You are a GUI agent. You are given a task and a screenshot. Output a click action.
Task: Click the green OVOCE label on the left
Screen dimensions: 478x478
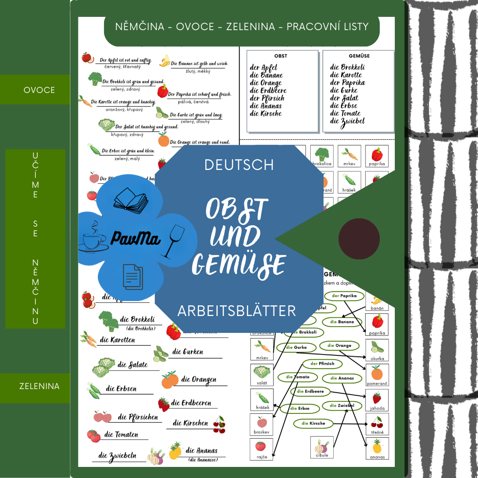[39, 90]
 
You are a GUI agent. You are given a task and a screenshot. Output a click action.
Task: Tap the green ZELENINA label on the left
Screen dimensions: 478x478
[39, 386]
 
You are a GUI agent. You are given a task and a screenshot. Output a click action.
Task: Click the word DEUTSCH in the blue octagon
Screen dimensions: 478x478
[239, 165]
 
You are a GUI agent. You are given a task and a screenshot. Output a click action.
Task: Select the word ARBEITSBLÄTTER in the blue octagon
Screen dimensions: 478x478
[236, 311]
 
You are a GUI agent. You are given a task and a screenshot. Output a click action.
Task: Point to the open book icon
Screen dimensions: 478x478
[131, 200]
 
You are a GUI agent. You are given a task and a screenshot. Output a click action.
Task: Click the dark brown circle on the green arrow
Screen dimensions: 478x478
[359, 239]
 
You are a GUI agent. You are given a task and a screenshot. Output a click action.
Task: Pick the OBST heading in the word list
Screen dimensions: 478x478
[281, 56]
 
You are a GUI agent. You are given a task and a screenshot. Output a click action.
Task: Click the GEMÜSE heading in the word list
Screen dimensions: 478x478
[359, 56]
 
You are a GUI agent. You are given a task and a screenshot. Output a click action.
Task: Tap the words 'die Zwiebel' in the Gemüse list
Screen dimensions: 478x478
[347, 121]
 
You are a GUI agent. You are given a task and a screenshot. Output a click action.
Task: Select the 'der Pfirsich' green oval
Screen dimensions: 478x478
[322, 364]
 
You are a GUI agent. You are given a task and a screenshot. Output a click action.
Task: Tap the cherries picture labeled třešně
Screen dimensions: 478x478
[377, 422]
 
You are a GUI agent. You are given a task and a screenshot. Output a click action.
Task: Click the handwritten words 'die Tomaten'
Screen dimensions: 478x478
[120, 435]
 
